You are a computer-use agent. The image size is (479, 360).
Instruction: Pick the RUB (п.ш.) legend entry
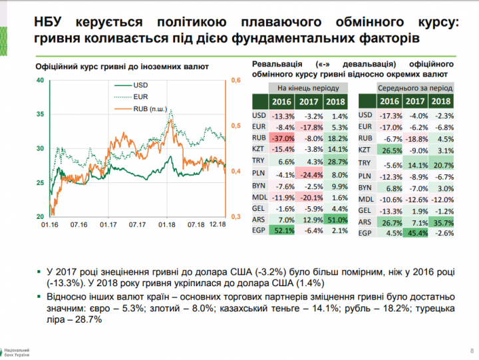(149, 108)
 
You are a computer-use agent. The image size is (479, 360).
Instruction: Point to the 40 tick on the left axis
(40, 81)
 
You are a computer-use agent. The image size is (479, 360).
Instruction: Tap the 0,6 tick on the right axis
(235, 81)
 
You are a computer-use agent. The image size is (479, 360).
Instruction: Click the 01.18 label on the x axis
(167, 226)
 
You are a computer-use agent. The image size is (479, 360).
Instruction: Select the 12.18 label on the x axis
(217, 226)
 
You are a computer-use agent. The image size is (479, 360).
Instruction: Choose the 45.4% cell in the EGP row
(415, 233)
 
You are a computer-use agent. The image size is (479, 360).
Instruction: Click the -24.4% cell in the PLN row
(309, 173)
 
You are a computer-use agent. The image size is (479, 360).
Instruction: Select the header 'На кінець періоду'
(308, 87)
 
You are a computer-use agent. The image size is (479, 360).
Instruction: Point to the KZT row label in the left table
(259, 150)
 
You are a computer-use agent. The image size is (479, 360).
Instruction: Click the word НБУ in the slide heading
(53, 22)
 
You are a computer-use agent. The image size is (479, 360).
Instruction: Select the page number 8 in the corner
(471, 351)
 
